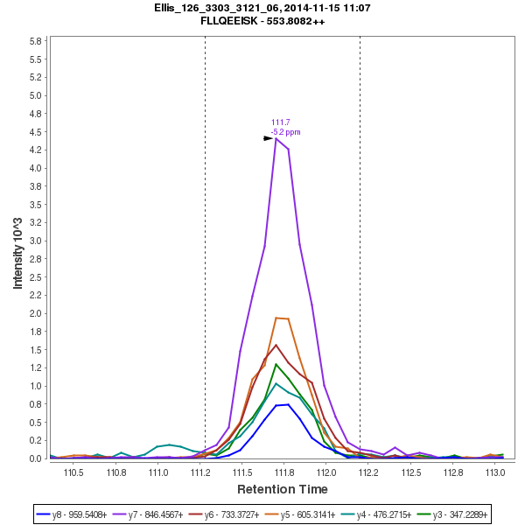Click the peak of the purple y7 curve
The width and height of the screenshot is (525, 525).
tap(276, 138)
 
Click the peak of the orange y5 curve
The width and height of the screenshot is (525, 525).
tap(276, 318)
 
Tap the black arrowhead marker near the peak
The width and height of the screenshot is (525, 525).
tap(269, 138)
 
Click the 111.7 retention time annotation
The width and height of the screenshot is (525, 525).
tap(281, 122)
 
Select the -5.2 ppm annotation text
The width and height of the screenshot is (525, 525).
tap(285, 132)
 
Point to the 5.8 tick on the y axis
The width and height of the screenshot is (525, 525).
tap(37, 41)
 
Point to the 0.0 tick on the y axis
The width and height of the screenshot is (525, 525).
tap(37, 458)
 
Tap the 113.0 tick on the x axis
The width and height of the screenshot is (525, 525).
tap(495, 472)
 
